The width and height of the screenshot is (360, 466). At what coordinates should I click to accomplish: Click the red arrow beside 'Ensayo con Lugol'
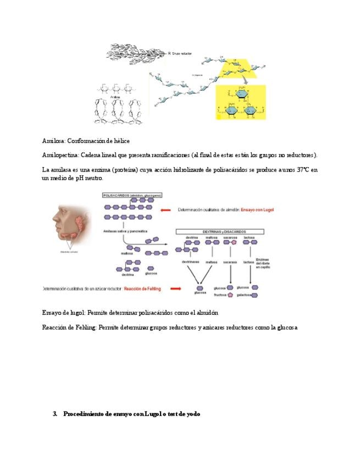point(164,209)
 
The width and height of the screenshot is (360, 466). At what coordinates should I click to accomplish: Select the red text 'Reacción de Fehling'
point(144,289)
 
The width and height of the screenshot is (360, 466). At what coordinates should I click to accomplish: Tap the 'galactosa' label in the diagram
point(243,295)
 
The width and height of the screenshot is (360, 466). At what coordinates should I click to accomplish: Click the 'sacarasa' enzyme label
point(230,263)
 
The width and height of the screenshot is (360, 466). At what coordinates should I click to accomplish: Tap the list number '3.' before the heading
point(55,414)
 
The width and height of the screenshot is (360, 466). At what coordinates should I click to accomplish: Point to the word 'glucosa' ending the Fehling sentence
point(286,328)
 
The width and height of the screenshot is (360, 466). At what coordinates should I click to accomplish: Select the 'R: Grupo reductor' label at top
point(181,54)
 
